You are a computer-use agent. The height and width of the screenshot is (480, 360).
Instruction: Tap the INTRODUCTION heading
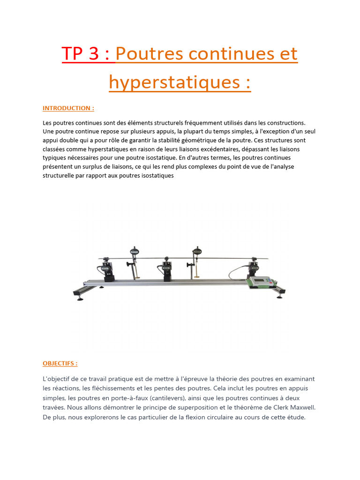point(68,108)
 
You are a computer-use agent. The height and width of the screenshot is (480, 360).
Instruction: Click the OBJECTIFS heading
point(60,363)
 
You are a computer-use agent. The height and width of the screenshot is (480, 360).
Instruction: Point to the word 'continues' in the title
point(230,54)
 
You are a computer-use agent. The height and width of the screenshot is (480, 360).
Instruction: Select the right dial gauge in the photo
point(195,252)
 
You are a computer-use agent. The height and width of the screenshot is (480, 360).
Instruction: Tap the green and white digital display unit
point(260,282)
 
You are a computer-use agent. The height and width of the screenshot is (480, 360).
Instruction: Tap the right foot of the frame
point(281,294)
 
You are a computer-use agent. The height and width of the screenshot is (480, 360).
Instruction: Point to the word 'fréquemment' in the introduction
point(192,122)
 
